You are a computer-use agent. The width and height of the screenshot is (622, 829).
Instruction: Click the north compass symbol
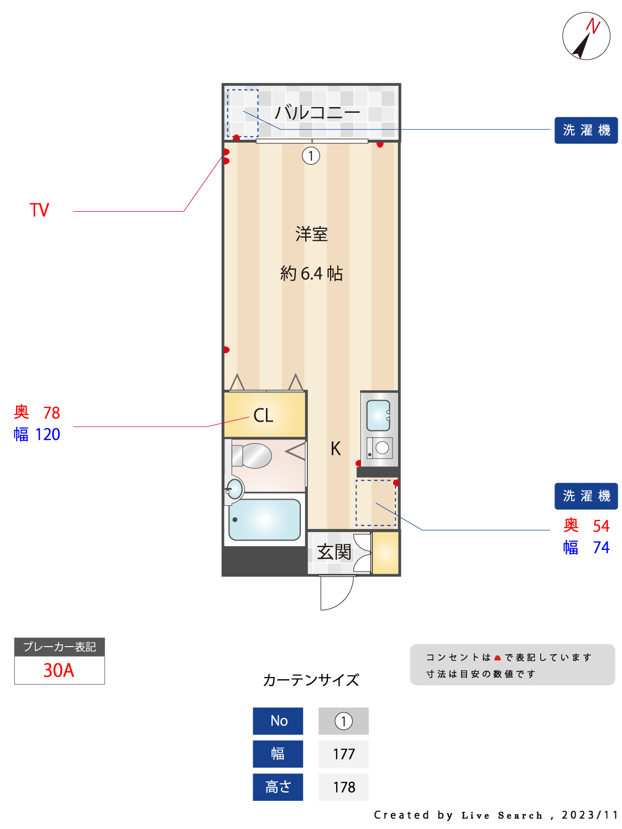pyautogui.click(x=586, y=36)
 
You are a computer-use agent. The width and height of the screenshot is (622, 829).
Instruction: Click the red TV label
pyautogui.click(x=39, y=209)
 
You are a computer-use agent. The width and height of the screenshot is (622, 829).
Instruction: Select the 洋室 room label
pyautogui.click(x=311, y=234)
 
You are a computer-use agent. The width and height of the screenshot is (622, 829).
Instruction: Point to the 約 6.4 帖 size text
pyautogui.click(x=311, y=273)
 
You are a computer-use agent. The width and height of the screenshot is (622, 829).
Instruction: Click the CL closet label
pyautogui.click(x=263, y=415)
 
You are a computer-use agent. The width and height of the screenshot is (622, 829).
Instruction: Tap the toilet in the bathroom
pyautogui.click(x=252, y=455)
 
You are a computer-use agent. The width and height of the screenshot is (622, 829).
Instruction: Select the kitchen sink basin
pyautogui.click(x=378, y=415)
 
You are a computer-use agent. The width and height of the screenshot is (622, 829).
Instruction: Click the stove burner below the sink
pyautogui.click(x=382, y=448)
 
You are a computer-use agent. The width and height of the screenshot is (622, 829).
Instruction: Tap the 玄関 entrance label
pyautogui.click(x=334, y=552)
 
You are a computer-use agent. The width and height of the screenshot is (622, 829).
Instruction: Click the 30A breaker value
pyautogui.click(x=59, y=670)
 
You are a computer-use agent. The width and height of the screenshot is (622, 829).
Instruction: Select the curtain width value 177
pyautogui.click(x=343, y=754)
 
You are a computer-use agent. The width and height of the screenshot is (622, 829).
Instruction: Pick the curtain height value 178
pyautogui.click(x=343, y=788)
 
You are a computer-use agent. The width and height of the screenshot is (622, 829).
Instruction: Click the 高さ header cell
pyautogui.click(x=278, y=788)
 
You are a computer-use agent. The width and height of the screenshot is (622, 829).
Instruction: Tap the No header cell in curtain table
pyautogui.click(x=278, y=721)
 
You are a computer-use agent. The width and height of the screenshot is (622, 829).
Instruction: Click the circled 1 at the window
pyautogui.click(x=310, y=156)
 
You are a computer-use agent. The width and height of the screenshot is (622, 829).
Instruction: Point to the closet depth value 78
pyautogui.click(x=51, y=413)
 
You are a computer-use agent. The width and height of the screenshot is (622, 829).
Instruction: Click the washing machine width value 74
pyautogui.click(x=601, y=547)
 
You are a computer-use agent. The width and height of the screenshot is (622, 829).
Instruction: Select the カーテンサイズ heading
pyautogui.click(x=311, y=680)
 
